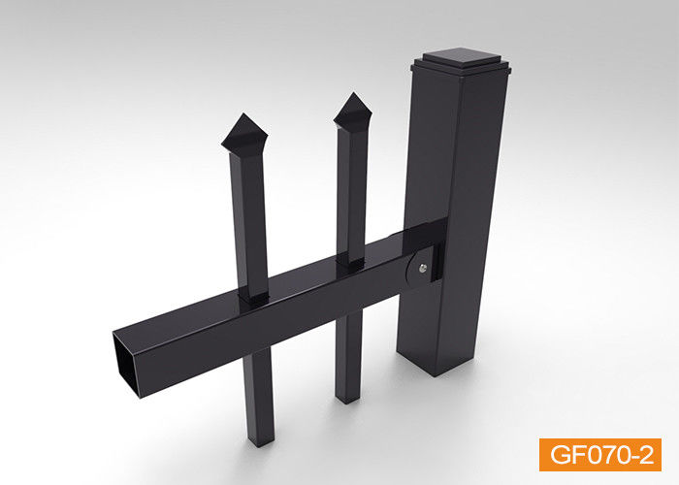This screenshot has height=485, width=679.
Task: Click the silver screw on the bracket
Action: (x=423, y=268)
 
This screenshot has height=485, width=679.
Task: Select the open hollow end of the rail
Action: (x=126, y=364)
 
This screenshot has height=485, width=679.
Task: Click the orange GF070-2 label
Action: (x=599, y=455)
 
